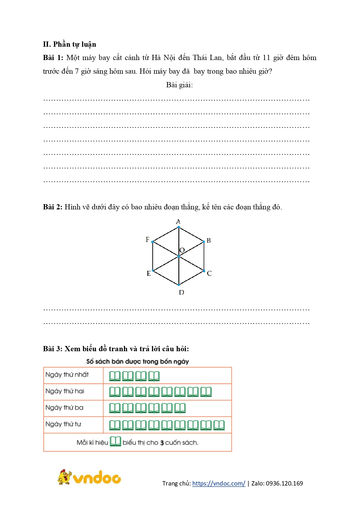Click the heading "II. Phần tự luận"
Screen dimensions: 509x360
[x=69, y=44]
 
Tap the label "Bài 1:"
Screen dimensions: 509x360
[x=53, y=58]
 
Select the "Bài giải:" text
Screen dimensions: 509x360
[x=179, y=85]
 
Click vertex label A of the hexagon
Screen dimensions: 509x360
[x=178, y=222]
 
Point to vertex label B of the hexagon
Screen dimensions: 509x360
[x=209, y=241]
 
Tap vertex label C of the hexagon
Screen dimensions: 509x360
[x=209, y=273]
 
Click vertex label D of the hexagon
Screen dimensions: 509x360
[x=182, y=292]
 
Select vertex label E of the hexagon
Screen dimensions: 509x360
[x=149, y=273]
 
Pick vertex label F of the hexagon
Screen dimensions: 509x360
[x=147, y=240]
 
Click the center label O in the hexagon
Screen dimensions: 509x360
[x=182, y=250]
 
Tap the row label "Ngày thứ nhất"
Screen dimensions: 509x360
[x=67, y=375]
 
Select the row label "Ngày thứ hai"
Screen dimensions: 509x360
[x=65, y=391]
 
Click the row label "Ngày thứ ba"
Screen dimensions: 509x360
[x=64, y=408]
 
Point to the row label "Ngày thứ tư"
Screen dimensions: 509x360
[x=63, y=424]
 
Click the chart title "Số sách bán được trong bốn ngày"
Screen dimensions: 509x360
[x=138, y=362]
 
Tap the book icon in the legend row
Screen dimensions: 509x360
[x=115, y=441]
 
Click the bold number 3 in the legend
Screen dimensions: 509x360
[x=162, y=443]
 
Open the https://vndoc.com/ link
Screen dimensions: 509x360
[x=219, y=483]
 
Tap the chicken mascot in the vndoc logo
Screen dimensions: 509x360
[x=64, y=477]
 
